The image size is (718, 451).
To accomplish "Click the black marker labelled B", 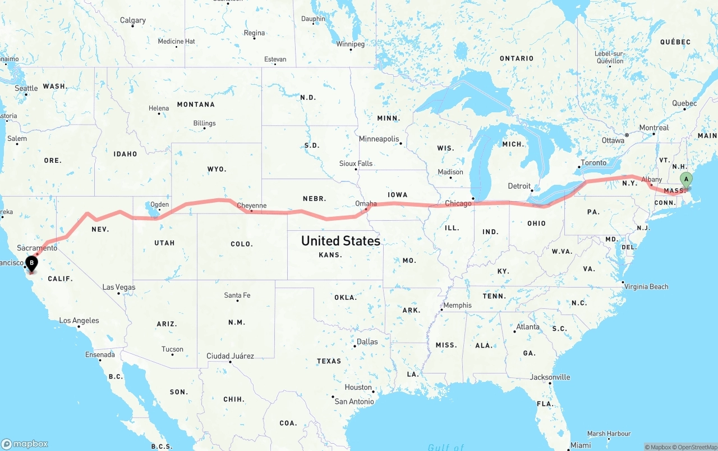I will click(x=32, y=262).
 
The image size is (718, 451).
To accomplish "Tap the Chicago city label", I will click(x=458, y=203).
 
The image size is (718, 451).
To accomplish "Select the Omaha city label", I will click(x=366, y=203).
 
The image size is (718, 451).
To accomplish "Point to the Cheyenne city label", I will click(x=251, y=206).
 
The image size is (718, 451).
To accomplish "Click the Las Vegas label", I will click(x=118, y=287).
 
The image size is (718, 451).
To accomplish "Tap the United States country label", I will click(x=340, y=241).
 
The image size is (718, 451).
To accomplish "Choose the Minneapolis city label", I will click(x=379, y=139).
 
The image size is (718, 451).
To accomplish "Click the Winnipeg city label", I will click(x=350, y=44).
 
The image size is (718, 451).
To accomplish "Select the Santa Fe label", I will click(x=237, y=295).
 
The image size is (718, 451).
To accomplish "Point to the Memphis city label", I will click(x=457, y=306).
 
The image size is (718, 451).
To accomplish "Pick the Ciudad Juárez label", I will click(x=230, y=356).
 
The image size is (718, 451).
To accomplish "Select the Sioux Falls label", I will click(x=356, y=163).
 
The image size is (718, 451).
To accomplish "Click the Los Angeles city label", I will click(x=79, y=321).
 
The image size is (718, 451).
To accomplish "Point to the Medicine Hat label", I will click(x=176, y=41).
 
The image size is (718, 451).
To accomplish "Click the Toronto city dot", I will click(x=579, y=167).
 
